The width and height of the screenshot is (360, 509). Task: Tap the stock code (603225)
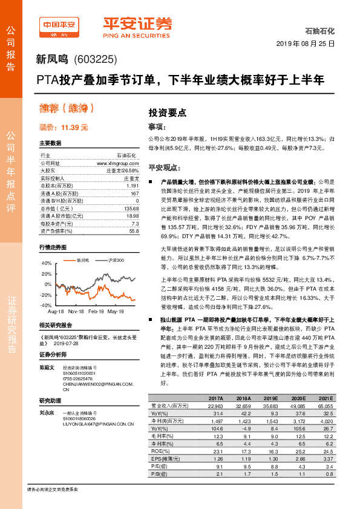(x=95, y=59)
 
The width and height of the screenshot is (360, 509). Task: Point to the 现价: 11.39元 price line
(x=64, y=128)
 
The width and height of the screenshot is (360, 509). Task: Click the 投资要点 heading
(x=168, y=112)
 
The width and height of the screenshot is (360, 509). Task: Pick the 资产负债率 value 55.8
(x=134, y=231)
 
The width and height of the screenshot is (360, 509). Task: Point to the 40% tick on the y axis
(x=47, y=264)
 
